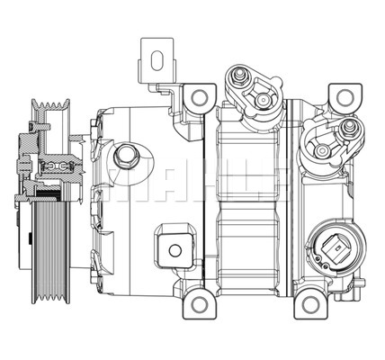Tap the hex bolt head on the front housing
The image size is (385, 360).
click(x=125, y=157)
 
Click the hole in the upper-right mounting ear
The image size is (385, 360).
click(x=343, y=96)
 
